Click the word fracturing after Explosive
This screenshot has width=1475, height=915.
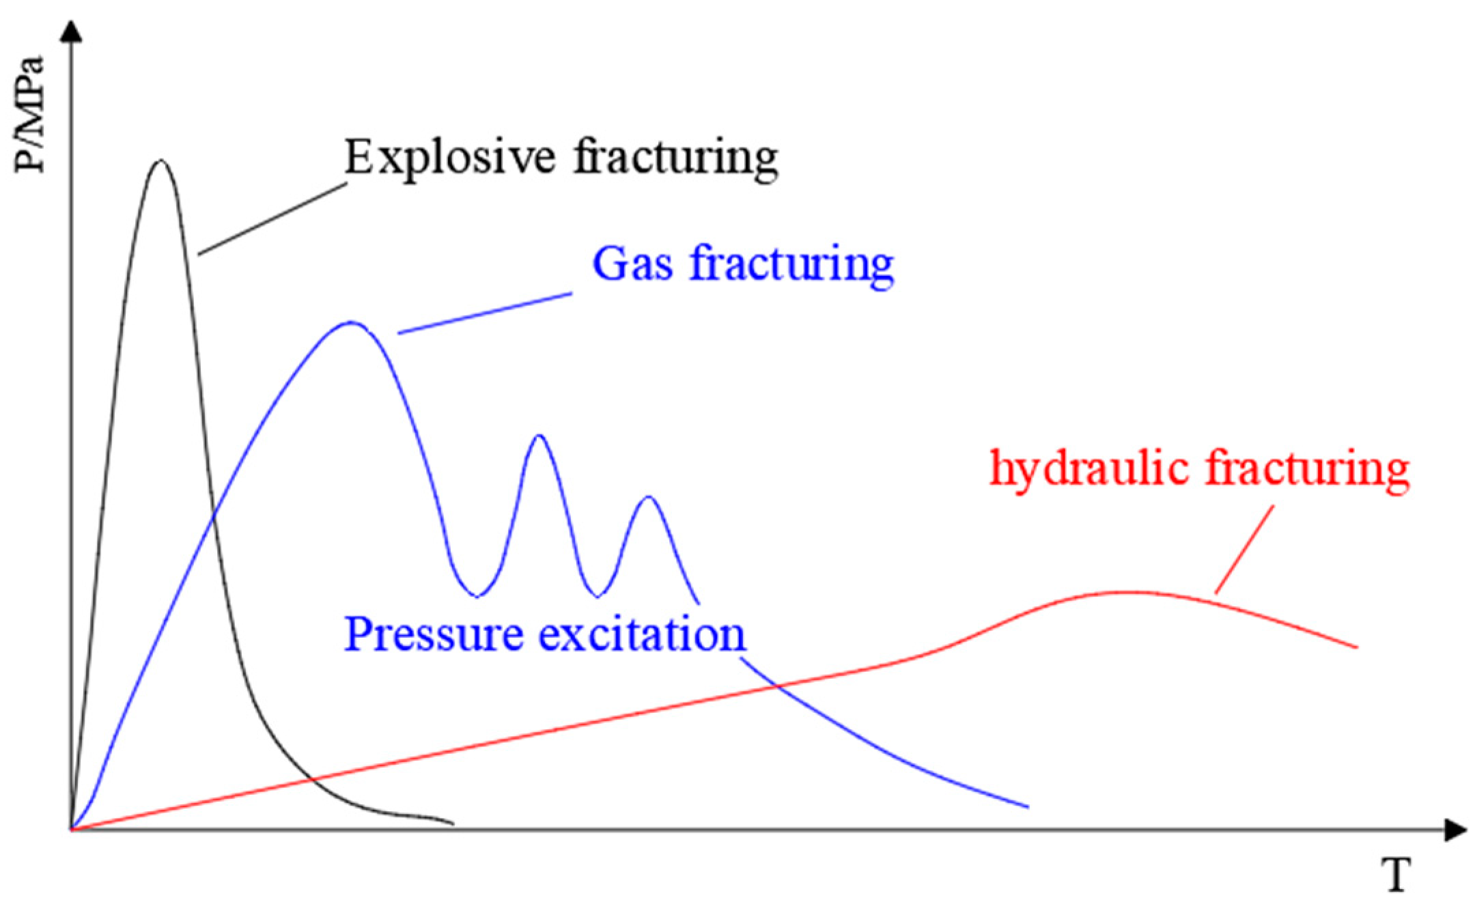(675, 159)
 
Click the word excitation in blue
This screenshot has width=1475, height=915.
(643, 634)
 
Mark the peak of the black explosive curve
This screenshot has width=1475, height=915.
(160, 161)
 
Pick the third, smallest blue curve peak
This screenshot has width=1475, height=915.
(648, 496)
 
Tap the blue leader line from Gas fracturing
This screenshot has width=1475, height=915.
(484, 313)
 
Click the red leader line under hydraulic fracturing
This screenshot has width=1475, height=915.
(1244, 550)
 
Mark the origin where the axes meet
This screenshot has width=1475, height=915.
(71, 830)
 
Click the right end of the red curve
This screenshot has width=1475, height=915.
(1355, 647)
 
